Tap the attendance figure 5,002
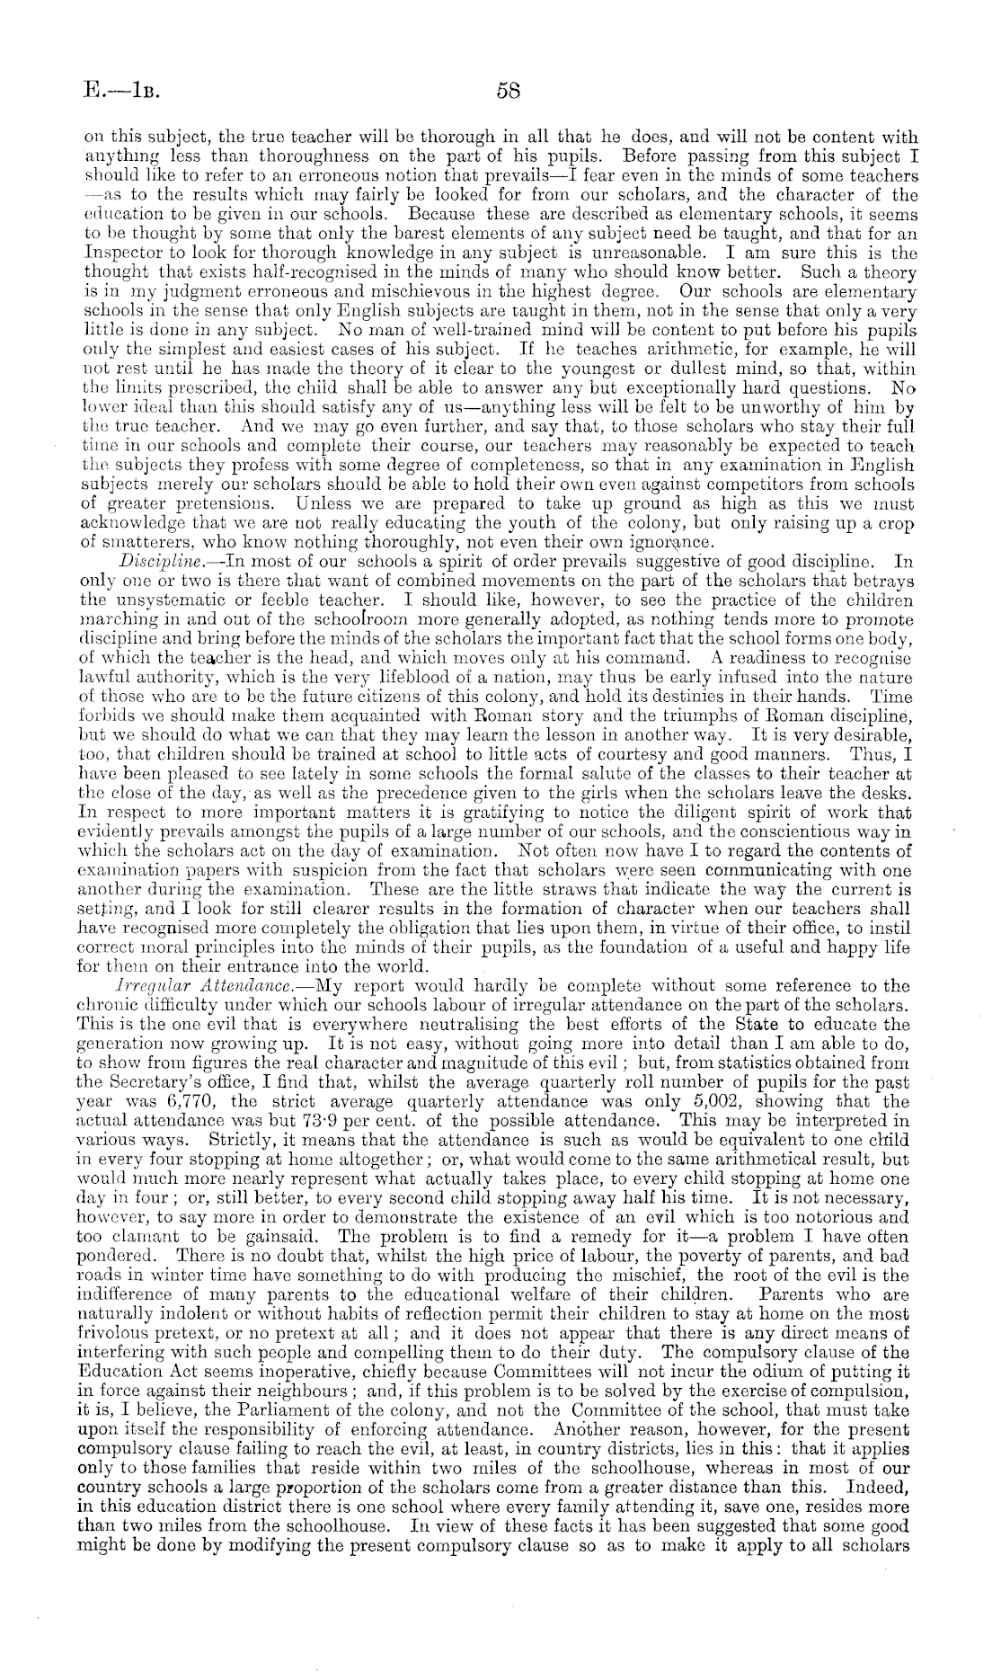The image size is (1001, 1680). (816, 1101)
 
